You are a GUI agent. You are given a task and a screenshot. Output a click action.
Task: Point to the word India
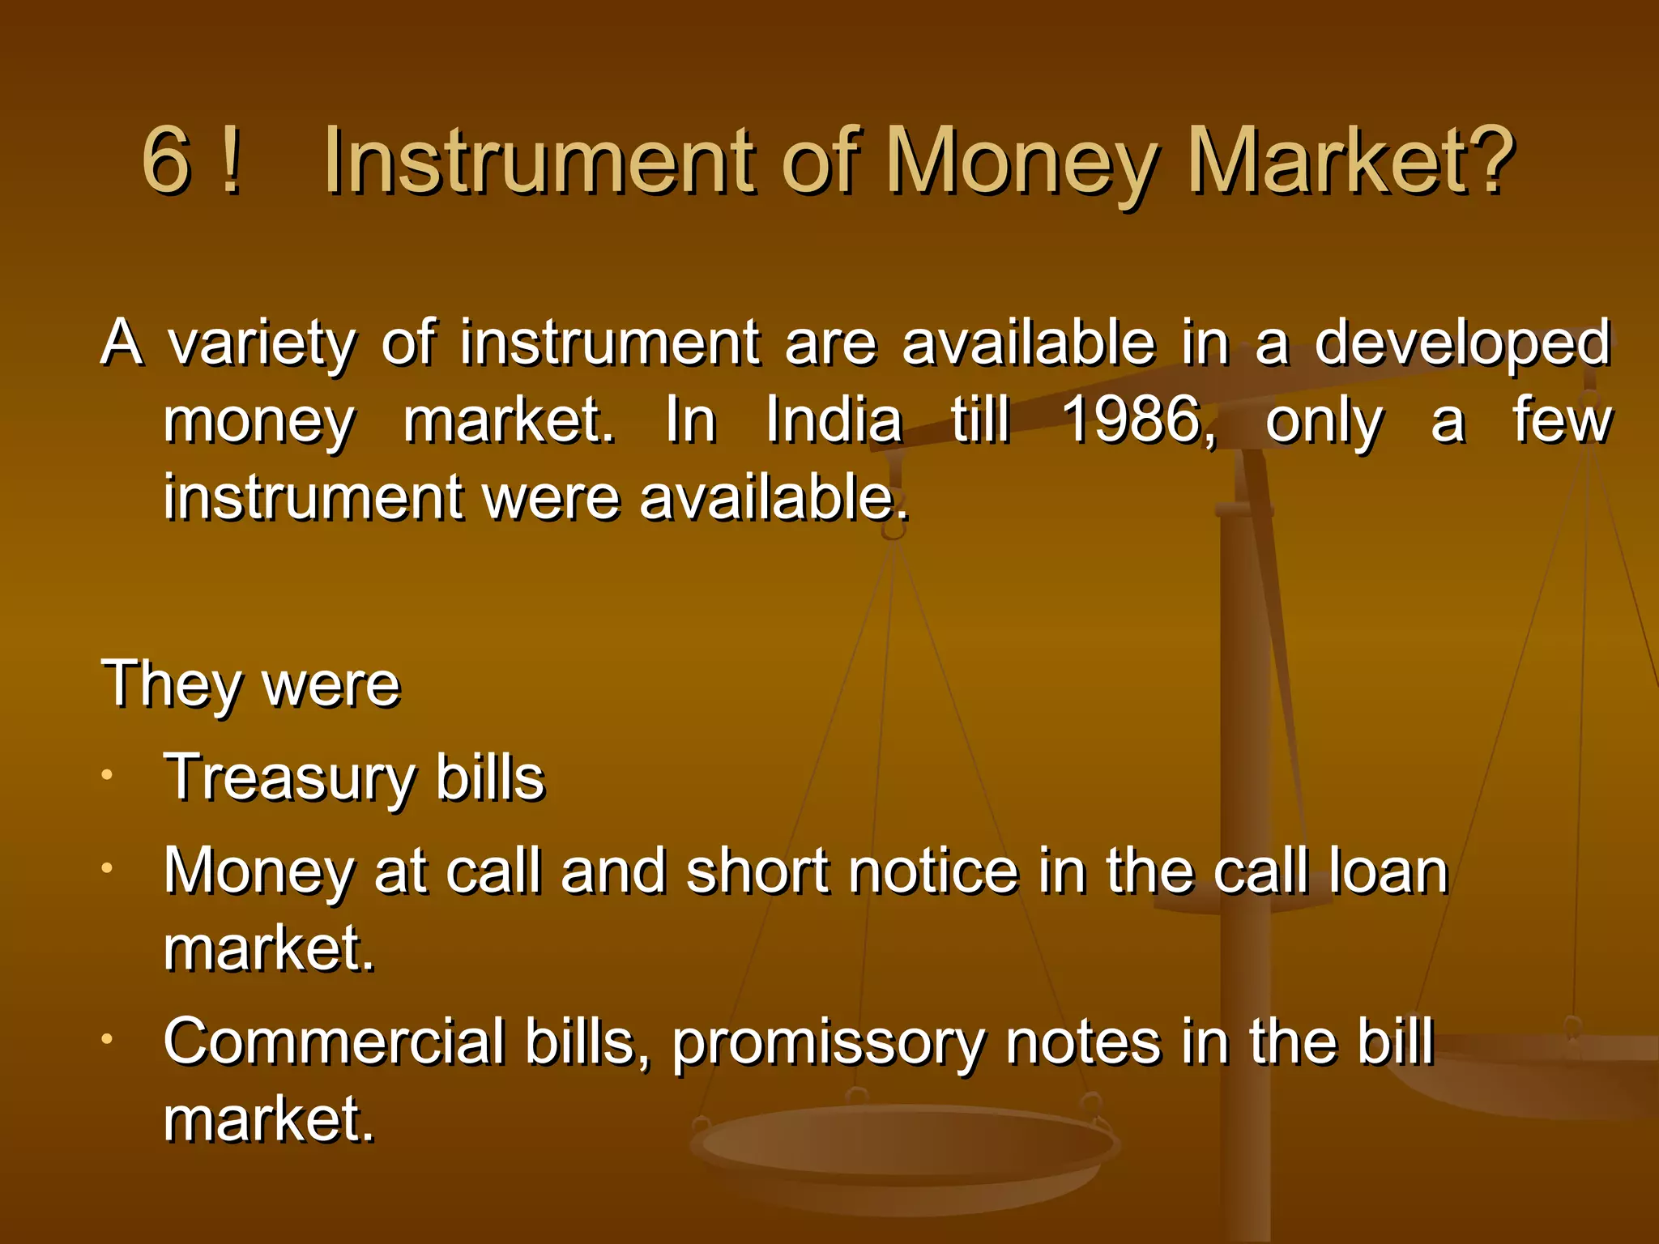click(x=834, y=420)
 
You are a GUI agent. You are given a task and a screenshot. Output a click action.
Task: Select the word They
click(x=171, y=685)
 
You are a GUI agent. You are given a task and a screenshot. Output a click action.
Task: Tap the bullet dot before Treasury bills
click(x=106, y=776)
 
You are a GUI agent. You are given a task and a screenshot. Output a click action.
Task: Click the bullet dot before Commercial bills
click(x=106, y=1038)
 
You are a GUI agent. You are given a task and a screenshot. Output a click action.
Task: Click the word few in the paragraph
click(x=1562, y=420)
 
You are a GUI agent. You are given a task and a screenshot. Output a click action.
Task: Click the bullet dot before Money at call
click(x=106, y=868)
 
